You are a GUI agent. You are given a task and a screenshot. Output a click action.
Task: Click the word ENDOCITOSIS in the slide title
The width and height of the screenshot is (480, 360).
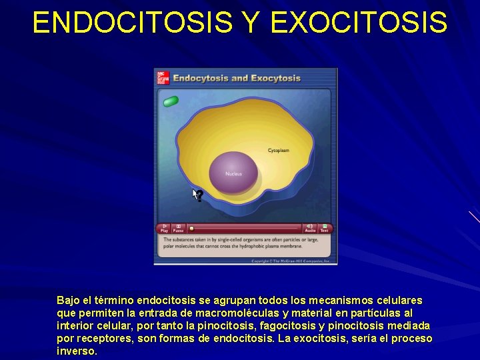tap(132, 22)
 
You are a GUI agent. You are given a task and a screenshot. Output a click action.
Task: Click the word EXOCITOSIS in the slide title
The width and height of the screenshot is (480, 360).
tap(359, 22)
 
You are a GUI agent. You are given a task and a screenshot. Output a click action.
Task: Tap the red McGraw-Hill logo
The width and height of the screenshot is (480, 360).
tap(163, 78)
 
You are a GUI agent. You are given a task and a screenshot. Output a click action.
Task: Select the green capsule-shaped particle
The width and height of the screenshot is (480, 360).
tap(171, 101)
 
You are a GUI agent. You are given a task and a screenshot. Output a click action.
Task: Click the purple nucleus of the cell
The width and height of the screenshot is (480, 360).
tap(233, 171)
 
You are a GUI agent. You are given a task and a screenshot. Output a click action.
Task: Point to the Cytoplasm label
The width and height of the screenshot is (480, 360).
tap(279, 151)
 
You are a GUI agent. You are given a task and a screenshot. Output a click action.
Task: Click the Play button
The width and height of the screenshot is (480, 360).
tap(164, 227)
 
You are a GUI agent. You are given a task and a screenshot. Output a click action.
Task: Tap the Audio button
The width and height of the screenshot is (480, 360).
tap(310, 227)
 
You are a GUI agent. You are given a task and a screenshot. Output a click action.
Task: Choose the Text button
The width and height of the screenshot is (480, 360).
tap(325, 227)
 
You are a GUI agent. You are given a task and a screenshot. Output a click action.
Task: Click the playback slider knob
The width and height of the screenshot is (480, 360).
tap(191, 228)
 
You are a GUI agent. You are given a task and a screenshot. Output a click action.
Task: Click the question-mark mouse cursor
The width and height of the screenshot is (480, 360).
tap(197, 195)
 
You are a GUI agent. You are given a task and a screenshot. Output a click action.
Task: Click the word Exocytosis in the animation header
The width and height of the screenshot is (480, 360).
tap(276, 79)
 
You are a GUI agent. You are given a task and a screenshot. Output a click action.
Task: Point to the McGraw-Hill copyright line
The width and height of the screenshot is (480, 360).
tap(291, 261)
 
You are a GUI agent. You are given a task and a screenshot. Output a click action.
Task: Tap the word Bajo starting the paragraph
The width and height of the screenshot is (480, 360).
tap(69, 301)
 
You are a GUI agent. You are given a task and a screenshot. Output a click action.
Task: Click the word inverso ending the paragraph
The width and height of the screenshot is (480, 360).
tap(77, 351)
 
